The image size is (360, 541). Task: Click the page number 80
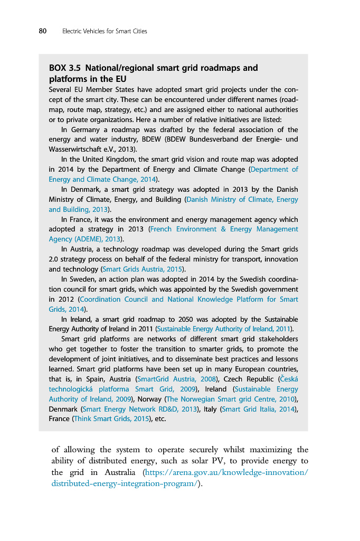[43, 31]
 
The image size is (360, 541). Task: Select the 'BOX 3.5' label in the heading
[65, 68]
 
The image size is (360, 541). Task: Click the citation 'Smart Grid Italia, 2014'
[258, 409]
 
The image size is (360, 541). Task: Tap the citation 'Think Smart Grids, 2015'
[111, 419]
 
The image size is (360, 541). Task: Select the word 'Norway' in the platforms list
[150, 399]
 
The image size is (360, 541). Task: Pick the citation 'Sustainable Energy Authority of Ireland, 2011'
[223, 329]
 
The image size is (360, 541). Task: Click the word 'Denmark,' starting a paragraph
[85, 189]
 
